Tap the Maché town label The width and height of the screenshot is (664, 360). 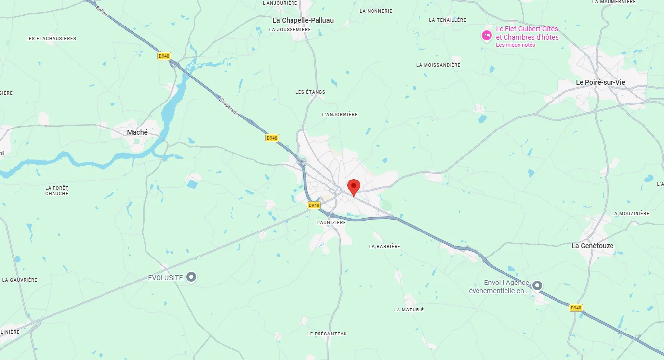coord(137,132)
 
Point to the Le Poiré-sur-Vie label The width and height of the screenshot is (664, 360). coord(600,82)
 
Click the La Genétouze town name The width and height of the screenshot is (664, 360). coord(592,246)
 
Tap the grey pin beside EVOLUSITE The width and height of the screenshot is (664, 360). coord(192,278)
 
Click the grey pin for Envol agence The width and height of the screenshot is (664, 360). coord(538,285)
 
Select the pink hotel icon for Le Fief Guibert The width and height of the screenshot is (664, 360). coord(486,35)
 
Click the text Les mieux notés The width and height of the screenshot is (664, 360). coord(515,45)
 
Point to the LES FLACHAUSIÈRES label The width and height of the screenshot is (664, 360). coord(51,38)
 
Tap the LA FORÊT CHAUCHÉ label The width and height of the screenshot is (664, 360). coord(57,191)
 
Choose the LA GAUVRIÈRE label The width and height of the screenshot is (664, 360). coord(20,280)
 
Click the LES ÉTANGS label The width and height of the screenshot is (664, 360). coord(310,92)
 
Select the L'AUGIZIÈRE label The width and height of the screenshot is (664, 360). coord(331,222)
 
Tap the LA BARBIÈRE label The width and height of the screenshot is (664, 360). coord(384,246)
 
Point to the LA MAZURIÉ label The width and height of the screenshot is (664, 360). coord(408,309)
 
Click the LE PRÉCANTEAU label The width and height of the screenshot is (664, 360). coord(327,334)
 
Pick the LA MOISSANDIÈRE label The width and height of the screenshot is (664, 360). coord(438,65)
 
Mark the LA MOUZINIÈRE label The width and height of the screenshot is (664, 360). coord(630,213)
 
